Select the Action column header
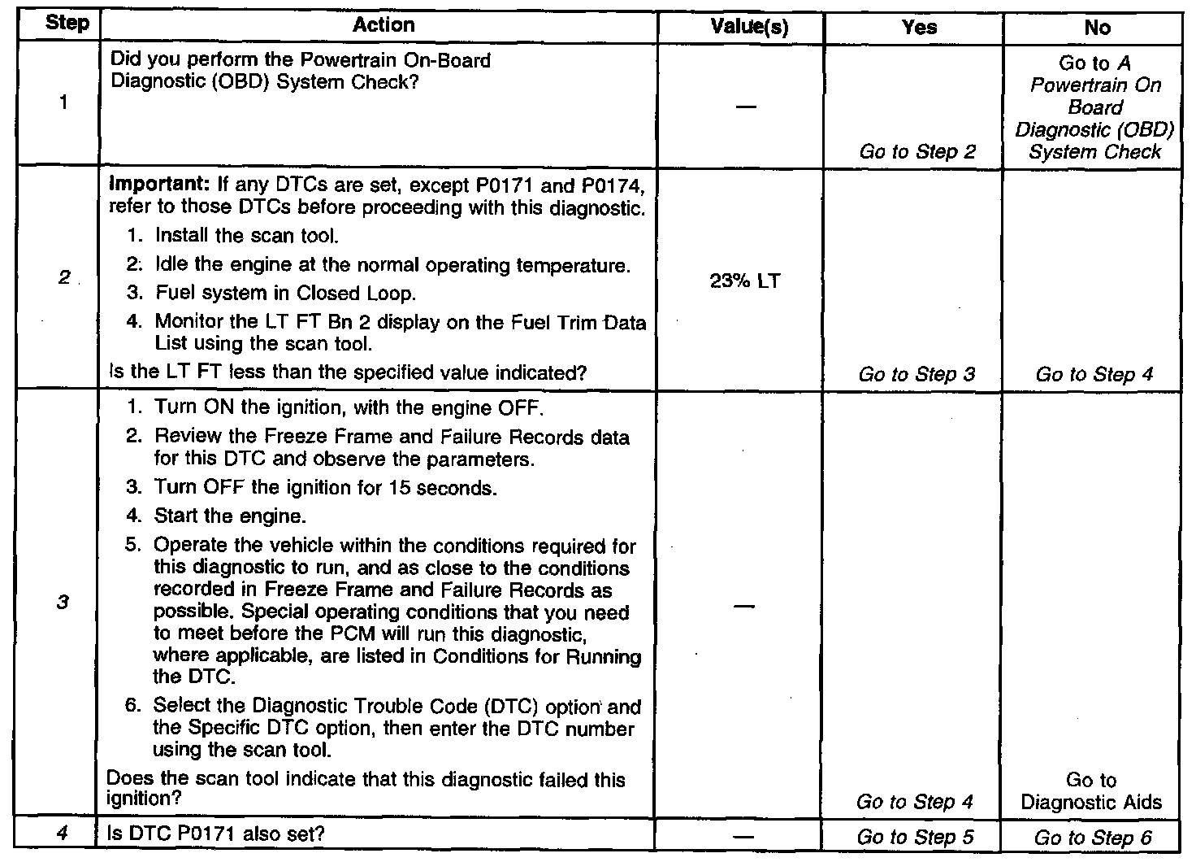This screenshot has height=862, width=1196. pos(383,25)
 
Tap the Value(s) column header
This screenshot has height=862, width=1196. pos(748,27)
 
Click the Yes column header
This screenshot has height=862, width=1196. pos(919,27)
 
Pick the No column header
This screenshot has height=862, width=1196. pos(1097,28)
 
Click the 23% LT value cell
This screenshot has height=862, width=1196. pos(745,281)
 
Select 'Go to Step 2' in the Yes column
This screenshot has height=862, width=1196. pos(917,152)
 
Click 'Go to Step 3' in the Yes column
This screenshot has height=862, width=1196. pos(916,374)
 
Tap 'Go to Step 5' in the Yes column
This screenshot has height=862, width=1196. pos(916,837)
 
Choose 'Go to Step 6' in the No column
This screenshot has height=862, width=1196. pos(1093,838)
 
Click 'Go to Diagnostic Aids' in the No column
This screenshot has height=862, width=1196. pos(1091,791)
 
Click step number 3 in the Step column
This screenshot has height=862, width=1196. pos(63,603)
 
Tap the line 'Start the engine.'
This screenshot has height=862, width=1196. pos(230,516)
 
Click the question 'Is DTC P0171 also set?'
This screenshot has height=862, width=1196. pos(216,834)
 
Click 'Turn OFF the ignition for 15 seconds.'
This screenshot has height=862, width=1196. pos(324,488)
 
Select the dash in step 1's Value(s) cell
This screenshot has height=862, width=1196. pos(745,107)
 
